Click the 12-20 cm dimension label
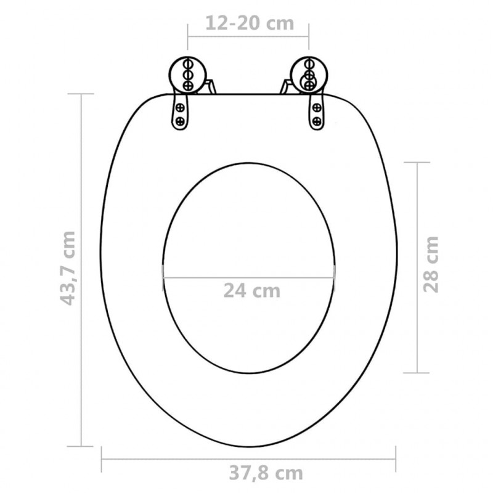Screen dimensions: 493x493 [x=250, y=23]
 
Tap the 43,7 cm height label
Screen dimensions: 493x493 [x=68, y=268]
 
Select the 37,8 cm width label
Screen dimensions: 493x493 [x=266, y=473]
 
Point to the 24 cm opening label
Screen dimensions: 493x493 [x=252, y=291]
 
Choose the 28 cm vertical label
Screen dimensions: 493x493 [x=430, y=264]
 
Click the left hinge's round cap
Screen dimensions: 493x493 [x=188, y=75]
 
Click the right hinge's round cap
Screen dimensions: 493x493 [x=309, y=75]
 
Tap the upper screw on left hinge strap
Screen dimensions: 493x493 [x=180, y=108]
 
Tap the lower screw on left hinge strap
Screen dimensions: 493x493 [x=179, y=121]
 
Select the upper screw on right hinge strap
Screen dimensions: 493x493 [x=317, y=108]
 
